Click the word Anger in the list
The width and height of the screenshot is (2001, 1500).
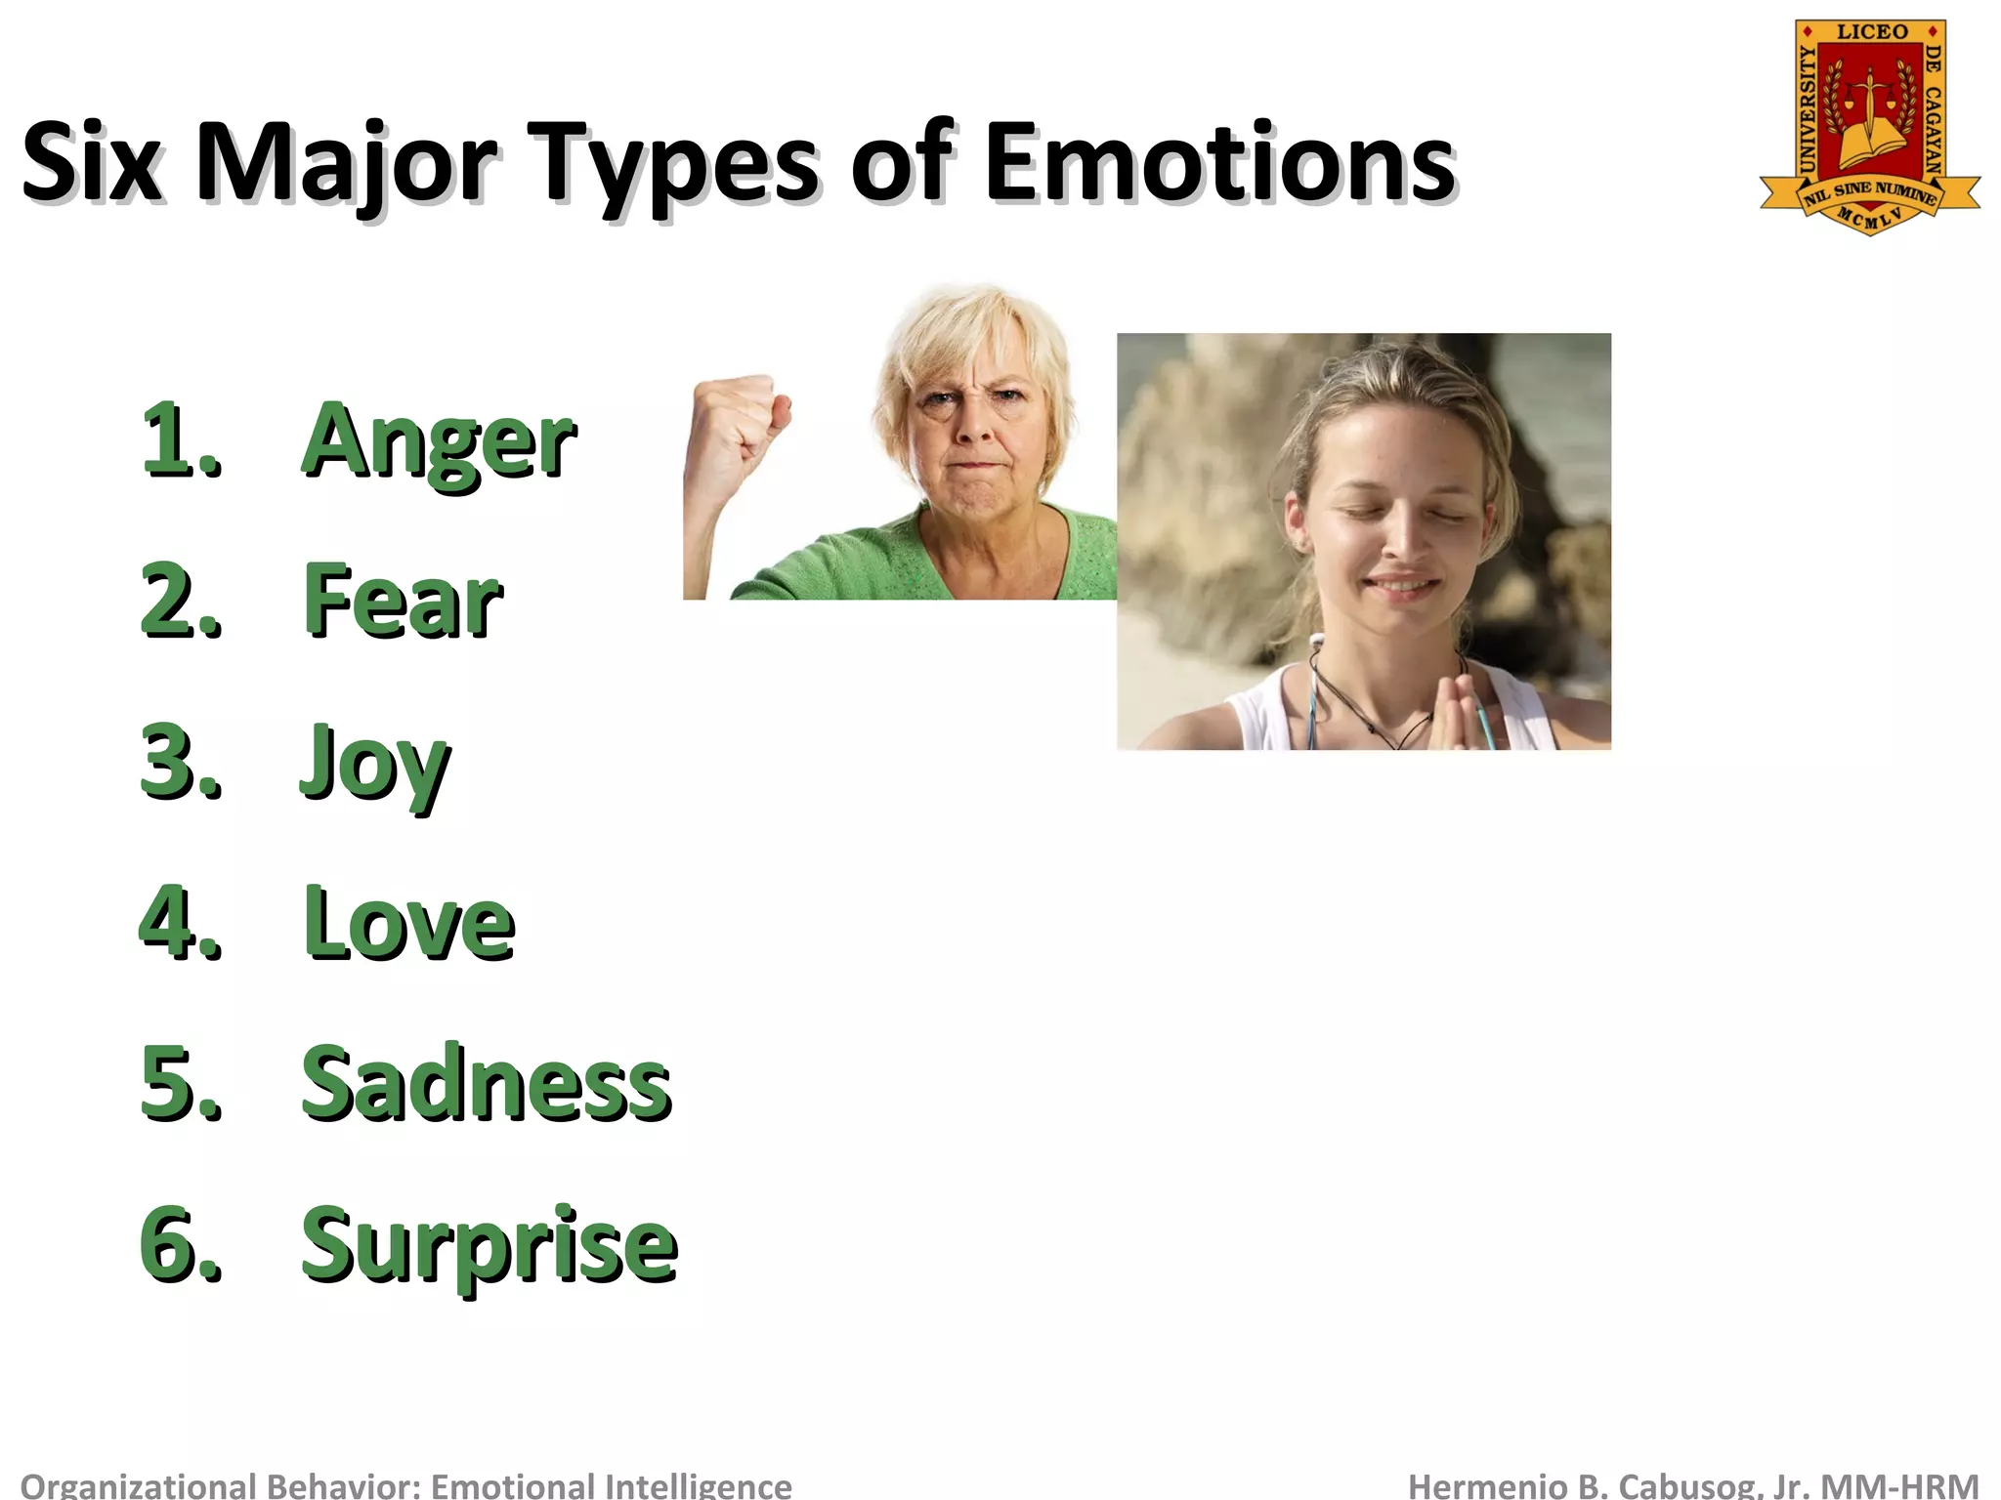coord(439,441)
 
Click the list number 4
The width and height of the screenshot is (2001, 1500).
coord(180,923)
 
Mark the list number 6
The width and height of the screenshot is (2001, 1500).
coord(180,1245)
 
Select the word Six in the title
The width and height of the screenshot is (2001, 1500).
coord(92,164)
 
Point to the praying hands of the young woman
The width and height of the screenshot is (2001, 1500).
coord(1457,709)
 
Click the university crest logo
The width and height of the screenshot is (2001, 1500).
coord(1870,127)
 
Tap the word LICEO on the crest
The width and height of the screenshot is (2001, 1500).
coord(1872,32)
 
